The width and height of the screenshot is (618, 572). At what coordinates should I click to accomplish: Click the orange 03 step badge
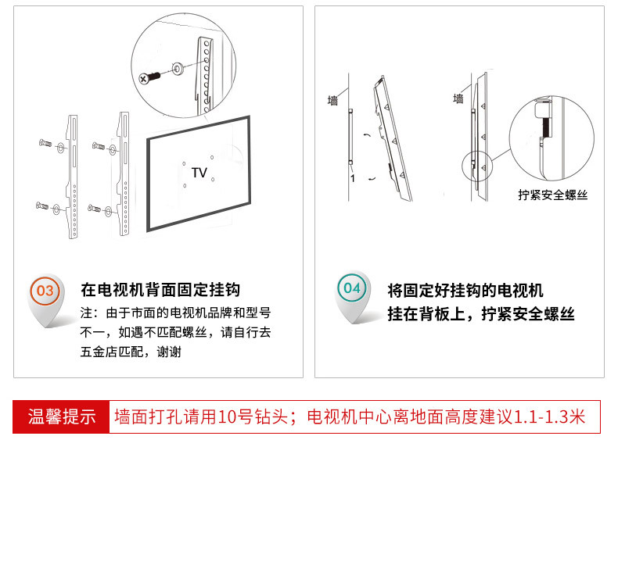[45, 291]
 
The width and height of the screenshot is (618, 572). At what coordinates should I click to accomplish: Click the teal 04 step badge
[352, 288]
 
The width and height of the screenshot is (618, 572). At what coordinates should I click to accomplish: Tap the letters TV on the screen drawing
[199, 173]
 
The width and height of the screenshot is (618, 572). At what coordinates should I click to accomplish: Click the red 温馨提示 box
[62, 416]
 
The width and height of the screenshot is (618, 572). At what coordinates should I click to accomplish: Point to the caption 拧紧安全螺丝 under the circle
[552, 195]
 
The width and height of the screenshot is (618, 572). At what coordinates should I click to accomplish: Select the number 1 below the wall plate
[352, 178]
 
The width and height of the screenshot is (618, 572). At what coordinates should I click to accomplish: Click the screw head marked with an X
[144, 79]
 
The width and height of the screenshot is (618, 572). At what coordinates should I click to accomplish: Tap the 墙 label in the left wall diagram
[333, 101]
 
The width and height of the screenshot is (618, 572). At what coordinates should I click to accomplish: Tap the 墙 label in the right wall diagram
[458, 99]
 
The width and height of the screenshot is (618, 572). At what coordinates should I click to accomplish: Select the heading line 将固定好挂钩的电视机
[465, 291]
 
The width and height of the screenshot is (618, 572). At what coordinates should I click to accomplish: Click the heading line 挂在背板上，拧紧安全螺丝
[481, 314]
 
